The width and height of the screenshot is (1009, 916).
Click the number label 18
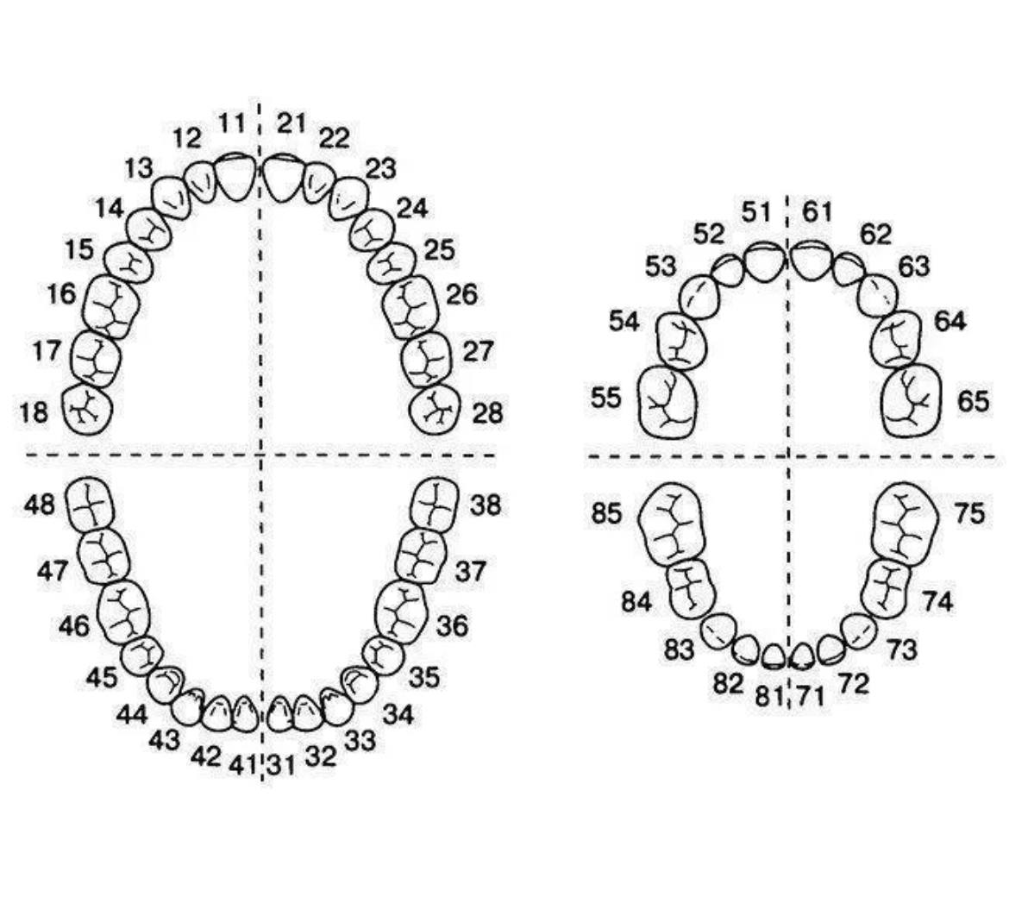coord(34,412)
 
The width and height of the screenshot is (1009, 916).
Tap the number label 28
coord(487,412)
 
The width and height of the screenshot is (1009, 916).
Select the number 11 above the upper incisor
coord(232,122)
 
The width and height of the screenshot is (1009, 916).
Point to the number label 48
coord(40,504)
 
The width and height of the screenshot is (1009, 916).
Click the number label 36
coord(453,625)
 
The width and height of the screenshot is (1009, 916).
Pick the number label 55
coord(606,398)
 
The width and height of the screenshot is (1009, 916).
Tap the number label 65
coord(973,401)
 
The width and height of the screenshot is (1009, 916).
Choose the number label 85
coord(607,514)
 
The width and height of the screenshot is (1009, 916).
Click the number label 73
coord(901,649)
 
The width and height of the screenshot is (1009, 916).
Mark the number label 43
coord(164,740)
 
